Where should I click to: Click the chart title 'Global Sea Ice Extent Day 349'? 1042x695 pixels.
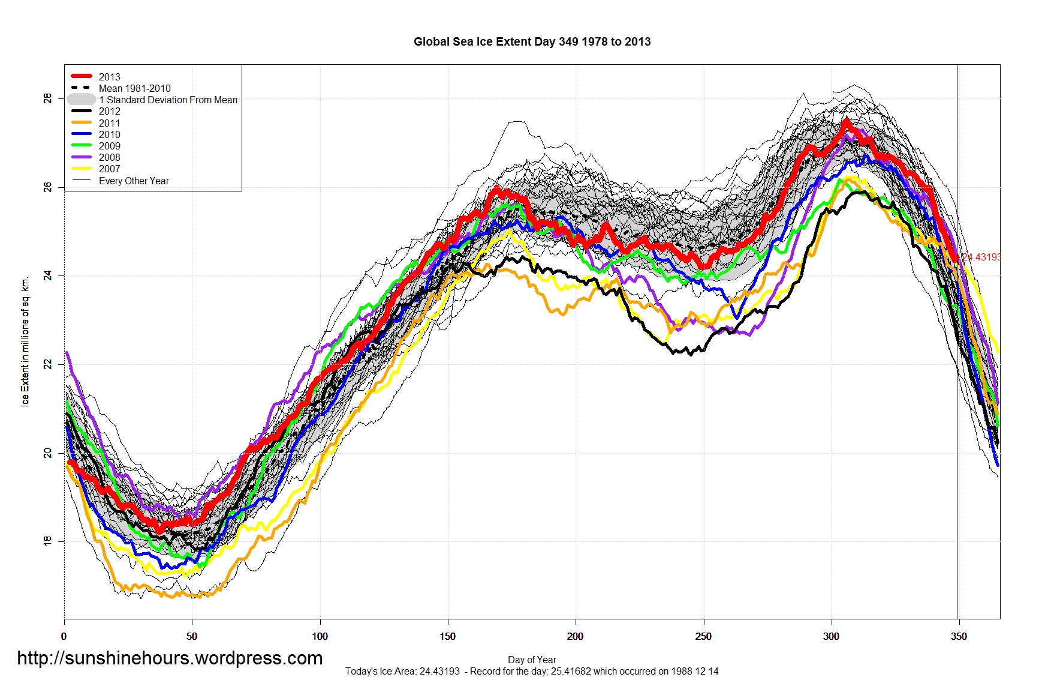(x=532, y=42)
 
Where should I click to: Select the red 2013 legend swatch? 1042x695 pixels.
(x=82, y=76)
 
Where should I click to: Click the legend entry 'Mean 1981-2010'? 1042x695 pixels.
(x=134, y=88)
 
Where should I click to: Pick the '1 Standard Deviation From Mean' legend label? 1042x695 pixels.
(x=168, y=100)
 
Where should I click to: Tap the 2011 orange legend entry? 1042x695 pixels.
(x=109, y=123)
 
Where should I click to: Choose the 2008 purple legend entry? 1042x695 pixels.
(x=109, y=157)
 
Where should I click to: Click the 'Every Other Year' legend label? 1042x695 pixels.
(x=134, y=181)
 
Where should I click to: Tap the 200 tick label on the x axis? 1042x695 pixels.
(x=575, y=636)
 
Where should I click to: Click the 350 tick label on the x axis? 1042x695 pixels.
(x=958, y=636)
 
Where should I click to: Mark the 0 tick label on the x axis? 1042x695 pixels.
(x=64, y=636)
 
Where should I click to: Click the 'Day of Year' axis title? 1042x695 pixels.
(x=532, y=660)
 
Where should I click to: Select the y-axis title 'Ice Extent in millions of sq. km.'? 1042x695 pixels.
(x=25, y=342)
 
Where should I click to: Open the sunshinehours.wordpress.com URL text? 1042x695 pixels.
(x=170, y=658)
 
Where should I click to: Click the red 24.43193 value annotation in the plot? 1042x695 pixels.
(x=981, y=257)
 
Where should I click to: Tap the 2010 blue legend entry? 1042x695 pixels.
(x=109, y=134)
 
